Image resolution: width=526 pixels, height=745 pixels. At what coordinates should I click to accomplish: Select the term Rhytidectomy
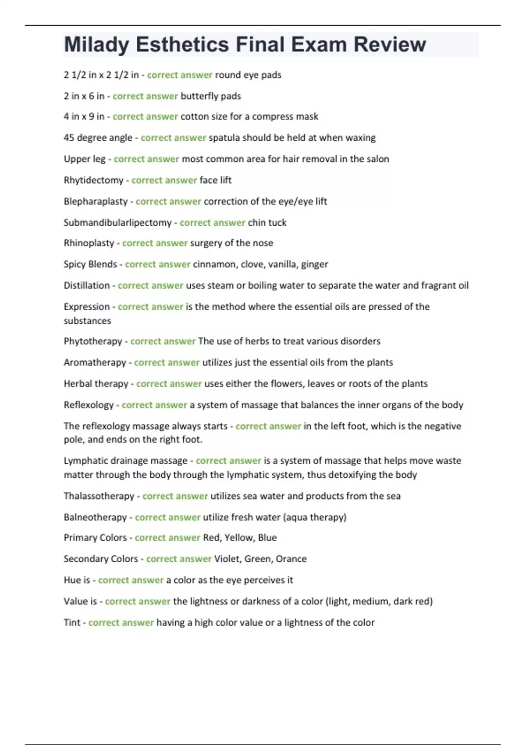[x=93, y=180]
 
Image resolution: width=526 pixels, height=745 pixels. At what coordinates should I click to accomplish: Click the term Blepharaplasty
[x=96, y=202]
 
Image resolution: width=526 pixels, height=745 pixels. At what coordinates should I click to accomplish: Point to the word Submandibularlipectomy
[x=117, y=223]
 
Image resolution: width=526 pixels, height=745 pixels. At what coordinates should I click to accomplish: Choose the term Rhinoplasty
[x=89, y=243]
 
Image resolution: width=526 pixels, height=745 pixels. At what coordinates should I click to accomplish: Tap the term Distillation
[x=86, y=286]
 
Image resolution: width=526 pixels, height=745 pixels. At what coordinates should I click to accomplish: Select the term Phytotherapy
[x=92, y=341]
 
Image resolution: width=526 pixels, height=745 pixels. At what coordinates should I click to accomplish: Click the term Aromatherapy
[x=95, y=362]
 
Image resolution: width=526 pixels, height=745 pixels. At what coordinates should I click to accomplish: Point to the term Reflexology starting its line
[x=89, y=405]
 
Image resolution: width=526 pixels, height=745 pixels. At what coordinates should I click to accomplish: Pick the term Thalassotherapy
[x=99, y=496]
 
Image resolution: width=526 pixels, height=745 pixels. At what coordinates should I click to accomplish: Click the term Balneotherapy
[x=95, y=517]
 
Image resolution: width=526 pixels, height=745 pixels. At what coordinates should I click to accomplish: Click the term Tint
[x=72, y=623]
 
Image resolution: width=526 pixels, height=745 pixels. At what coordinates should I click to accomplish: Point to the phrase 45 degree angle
[x=98, y=138]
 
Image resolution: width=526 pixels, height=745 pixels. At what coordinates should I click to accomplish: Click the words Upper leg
[x=85, y=159]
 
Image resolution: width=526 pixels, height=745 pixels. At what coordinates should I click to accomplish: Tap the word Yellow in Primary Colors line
[x=238, y=538]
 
